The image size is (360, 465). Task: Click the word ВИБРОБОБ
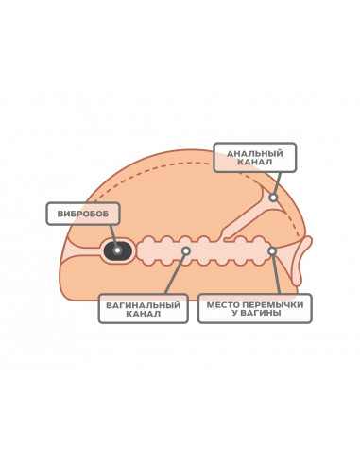[83, 214]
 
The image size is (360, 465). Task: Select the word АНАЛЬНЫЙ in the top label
[255, 154]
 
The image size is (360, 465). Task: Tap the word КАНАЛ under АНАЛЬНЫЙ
[255, 162]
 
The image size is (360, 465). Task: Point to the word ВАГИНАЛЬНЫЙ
[144, 305]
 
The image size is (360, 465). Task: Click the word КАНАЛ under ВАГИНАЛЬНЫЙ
[144, 314]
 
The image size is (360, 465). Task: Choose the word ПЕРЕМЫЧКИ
[274, 305]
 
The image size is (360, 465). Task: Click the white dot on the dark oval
[117, 250]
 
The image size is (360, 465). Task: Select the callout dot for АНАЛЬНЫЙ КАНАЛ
[273, 198]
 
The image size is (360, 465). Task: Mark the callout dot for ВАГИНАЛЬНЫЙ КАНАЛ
[186, 250]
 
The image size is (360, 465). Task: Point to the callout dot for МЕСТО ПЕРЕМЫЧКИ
[272, 251]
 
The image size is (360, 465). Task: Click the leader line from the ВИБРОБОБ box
[113, 236]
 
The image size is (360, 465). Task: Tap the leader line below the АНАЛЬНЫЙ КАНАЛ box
[278, 183]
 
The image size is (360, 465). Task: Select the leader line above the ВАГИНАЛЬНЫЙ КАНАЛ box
[175, 273]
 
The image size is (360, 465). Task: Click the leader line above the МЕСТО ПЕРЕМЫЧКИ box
[276, 274]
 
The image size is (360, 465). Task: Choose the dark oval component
[118, 250]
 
